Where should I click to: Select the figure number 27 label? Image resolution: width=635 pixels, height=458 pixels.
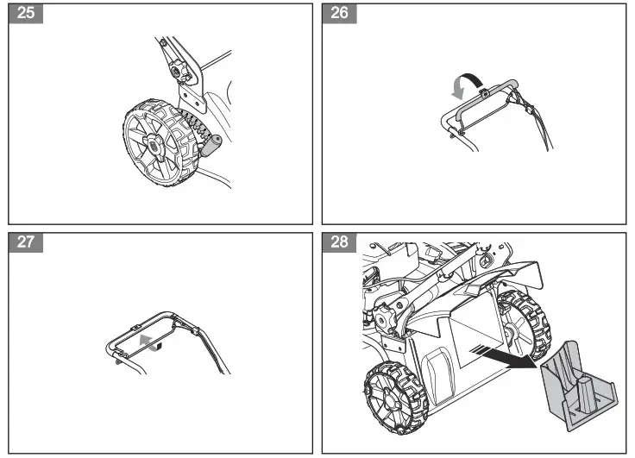(x=26, y=242)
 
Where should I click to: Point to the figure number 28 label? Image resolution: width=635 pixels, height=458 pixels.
(x=339, y=242)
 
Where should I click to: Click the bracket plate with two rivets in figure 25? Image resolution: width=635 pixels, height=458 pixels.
(x=194, y=95)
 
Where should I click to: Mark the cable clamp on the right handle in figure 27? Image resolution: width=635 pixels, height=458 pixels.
(x=197, y=331)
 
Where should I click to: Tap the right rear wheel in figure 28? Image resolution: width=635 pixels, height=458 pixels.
(x=524, y=323)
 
